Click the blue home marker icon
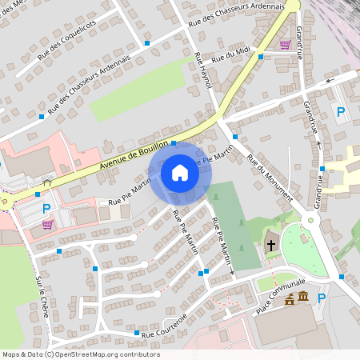coord(180,172)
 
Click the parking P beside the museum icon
coord(322,298)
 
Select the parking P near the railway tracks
coord(341,113)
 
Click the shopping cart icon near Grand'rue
coord(285,44)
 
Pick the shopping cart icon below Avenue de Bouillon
coord(48,224)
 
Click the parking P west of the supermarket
coord(46,209)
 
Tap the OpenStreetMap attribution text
coord(80,354)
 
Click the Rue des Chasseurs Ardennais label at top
coord(235,14)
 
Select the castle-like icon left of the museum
coord(289,301)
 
